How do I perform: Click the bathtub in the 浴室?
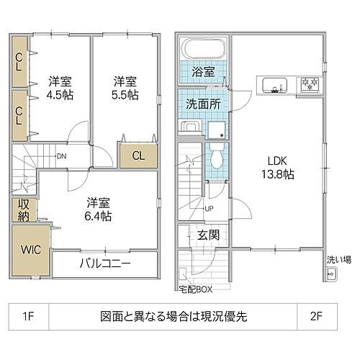coord(204,50)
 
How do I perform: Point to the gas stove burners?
coord(311,86)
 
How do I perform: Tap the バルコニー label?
coord(104,264)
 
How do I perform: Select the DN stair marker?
coord(62,155)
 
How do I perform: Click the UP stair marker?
coord(209,209)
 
